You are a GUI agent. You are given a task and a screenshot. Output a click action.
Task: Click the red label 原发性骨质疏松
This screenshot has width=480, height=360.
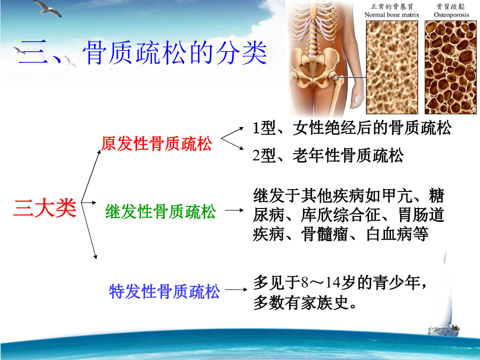click(x=156, y=143)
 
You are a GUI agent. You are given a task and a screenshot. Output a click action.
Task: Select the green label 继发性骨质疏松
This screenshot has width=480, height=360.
click(x=161, y=212)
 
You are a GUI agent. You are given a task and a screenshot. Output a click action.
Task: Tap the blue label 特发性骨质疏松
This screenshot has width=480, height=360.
click(x=164, y=291)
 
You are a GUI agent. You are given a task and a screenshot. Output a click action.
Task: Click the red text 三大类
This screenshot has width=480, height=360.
click(x=45, y=209)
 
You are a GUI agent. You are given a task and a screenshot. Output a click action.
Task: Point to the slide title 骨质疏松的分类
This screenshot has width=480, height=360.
click(x=175, y=53)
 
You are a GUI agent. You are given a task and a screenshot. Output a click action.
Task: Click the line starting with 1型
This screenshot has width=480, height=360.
click(x=352, y=128)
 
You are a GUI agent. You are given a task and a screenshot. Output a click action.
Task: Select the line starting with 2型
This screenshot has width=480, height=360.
click(x=328, y=155)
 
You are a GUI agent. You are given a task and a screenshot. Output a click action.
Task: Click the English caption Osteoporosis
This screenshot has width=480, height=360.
click(x=451, y=15)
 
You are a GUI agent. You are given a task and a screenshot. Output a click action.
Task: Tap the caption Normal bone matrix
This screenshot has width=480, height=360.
click(x=391, y=15)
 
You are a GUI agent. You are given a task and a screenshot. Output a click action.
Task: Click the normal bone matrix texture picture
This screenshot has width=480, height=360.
click(x=392, y=67)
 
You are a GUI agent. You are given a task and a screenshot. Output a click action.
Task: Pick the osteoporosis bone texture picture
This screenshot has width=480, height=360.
click(x=451, y=67)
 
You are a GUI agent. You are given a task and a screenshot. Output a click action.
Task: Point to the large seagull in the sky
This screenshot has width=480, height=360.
click(x=48, y=7)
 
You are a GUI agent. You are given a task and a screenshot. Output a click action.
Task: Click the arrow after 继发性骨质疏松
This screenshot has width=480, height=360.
click(x=234, y=210)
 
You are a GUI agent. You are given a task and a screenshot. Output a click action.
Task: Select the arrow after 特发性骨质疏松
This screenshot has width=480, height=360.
click(x=236, y=289)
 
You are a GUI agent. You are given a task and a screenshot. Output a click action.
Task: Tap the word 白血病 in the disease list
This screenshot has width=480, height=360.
click(x=389, y=234)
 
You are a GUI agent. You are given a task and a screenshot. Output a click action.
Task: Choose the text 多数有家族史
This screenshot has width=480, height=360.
click(x=301, y=302)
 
